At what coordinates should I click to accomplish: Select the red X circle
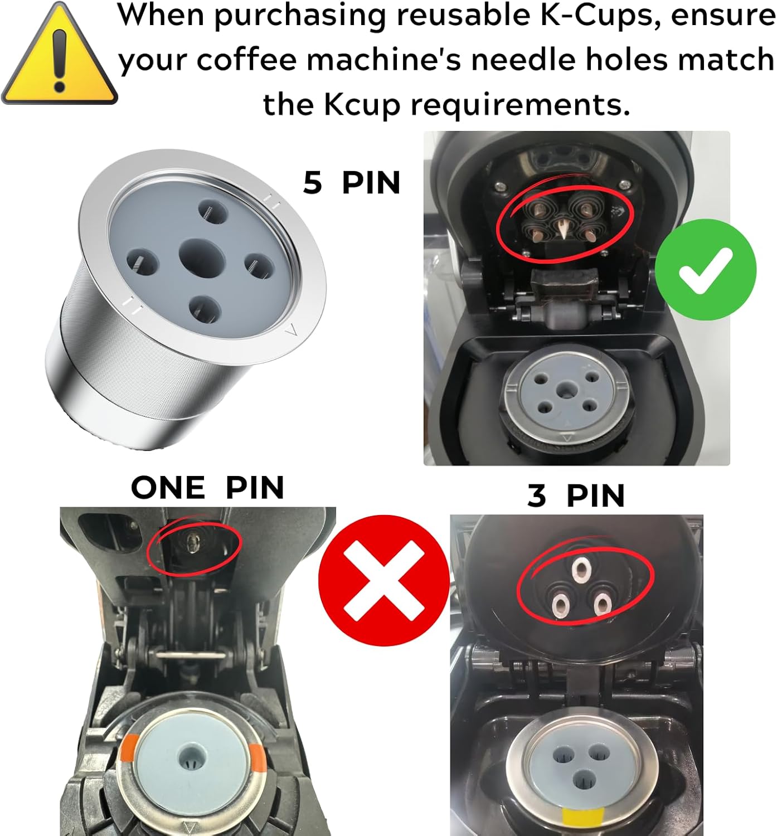click(383, 580)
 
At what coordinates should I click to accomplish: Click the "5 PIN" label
click(352, 182)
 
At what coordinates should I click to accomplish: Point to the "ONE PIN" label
click(208, 488)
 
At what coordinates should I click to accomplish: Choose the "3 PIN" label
click(576, 495)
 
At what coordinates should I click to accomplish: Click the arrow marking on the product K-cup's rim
click(290, 333)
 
